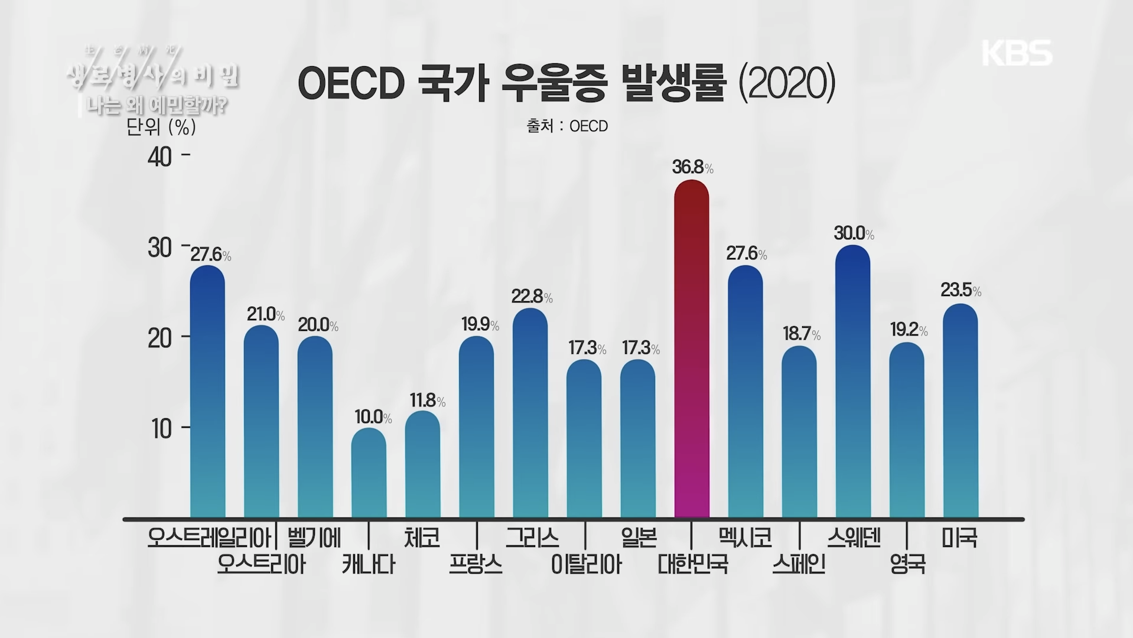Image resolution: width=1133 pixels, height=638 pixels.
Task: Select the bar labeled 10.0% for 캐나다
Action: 369,473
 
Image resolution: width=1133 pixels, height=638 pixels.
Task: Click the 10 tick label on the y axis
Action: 161,429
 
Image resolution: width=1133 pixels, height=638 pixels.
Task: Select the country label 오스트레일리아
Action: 210,538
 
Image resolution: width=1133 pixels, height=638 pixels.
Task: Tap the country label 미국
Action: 959,538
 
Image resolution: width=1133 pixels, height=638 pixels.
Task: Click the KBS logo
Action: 1017,53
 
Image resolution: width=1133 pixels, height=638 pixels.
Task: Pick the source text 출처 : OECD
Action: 567,126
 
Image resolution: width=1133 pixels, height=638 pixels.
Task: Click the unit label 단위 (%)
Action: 161,126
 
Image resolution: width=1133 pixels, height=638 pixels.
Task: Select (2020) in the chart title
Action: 787,84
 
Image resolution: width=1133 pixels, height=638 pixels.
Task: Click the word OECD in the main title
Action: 350,84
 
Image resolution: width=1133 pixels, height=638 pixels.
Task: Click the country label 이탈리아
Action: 586,565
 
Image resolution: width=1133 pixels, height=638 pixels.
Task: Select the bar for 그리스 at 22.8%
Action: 530,414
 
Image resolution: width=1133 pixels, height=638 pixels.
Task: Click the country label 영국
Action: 907,565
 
